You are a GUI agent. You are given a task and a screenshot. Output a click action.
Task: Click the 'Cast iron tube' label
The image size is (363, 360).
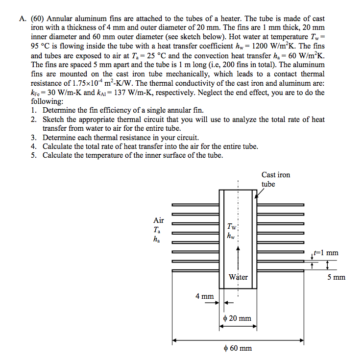coord(275,179)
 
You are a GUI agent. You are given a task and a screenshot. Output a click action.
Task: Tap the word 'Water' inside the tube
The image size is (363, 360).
coord(238,277)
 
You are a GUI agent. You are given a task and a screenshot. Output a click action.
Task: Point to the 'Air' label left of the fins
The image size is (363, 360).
coord(159,220)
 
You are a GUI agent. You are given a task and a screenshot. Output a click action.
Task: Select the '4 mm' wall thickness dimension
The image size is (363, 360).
coord(204,296)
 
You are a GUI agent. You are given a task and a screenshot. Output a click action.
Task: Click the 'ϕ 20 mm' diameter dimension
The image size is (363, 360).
coord(237,318)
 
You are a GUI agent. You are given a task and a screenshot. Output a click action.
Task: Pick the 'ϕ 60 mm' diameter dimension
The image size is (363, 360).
coord(237,348)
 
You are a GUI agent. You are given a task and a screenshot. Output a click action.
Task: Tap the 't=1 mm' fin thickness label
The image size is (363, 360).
coord(325,253)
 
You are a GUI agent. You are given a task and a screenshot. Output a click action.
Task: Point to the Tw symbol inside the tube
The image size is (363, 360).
coord(232,227)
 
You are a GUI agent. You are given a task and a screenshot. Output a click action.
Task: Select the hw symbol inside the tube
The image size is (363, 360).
coord(231,236)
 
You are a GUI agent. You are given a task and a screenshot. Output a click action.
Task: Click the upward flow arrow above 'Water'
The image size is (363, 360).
coord(238,257)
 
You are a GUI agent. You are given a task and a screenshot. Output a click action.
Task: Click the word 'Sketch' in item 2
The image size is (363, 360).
coord(53,119)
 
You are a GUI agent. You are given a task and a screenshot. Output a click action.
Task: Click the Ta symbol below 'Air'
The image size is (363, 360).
coord(156,230)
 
